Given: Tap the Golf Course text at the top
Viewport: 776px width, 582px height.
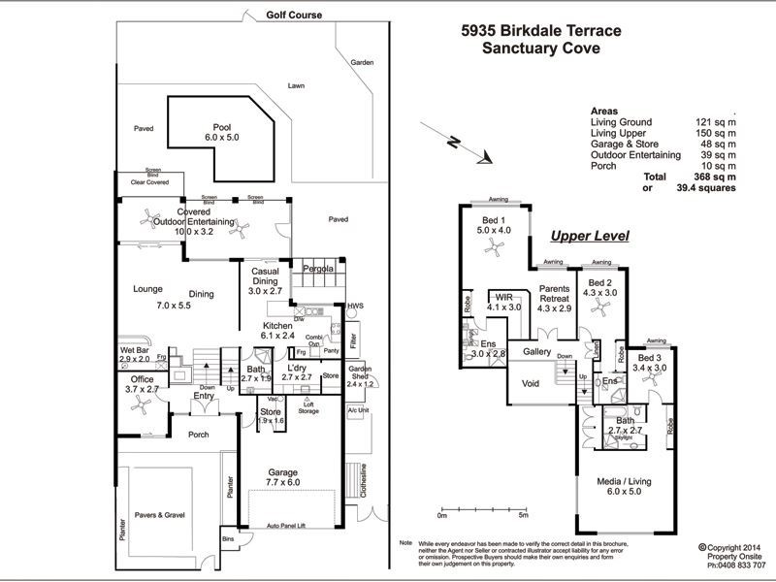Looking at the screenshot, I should (294, 16).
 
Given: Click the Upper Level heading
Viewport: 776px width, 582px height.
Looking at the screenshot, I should (590, 236).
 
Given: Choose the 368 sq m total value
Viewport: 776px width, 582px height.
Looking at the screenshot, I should (716, 177).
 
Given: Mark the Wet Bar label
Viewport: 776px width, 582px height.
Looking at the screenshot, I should (135, 354).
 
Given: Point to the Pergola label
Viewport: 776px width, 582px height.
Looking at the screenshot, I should (318, 268).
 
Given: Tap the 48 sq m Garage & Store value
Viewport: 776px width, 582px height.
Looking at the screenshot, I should (716, 144).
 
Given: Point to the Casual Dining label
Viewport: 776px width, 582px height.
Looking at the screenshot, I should (265, 281).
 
